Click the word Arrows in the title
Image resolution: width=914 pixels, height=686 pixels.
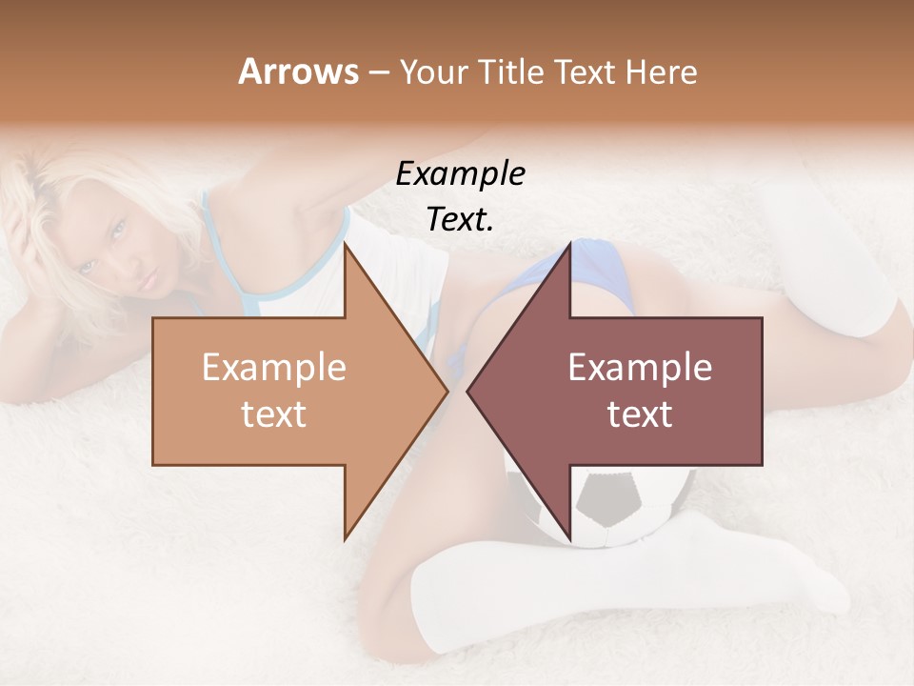pyautogui.click(x=297, y=71)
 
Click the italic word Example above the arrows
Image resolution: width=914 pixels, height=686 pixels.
pyautogui.click(x=460, y=174)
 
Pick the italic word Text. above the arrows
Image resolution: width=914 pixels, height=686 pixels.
pyautogui.click(x=460, y=219)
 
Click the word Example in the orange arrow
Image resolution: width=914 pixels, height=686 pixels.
pyautogui.click(x=273, y=368)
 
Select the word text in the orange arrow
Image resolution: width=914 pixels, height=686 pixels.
pyautogui.click(x=273, y=414)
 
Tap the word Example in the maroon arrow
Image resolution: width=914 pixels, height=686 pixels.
pyautogui.click(x=640, y=368)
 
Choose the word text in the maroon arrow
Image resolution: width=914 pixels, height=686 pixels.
pyautogui.click(x=640, y=414)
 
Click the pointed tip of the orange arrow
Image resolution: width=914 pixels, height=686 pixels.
pyautogui.click(x=447, y=391)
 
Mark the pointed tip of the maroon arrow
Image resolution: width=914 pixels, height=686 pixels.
pyautogui.click(x=468, y=391)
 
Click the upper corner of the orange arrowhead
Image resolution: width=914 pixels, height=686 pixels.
pyautogui.click(x=345, y=244)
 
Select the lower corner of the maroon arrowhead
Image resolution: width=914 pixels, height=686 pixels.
pyautogui.click(x=570, y=538)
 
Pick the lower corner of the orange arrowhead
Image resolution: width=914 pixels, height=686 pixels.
pyautogui.click(x=345, y=538)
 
